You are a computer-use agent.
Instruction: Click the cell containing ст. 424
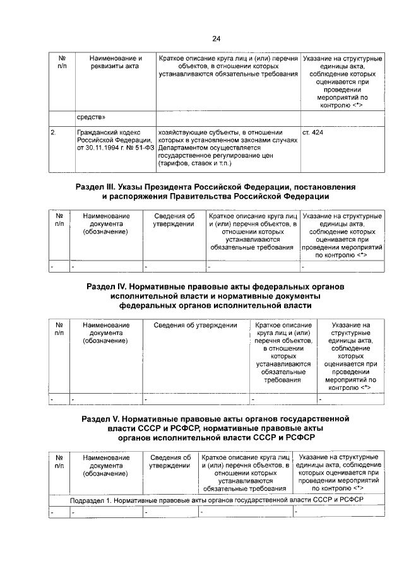point(313,132)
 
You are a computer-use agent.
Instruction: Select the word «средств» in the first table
point(92,117)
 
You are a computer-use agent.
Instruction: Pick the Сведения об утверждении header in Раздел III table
point(173,220)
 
